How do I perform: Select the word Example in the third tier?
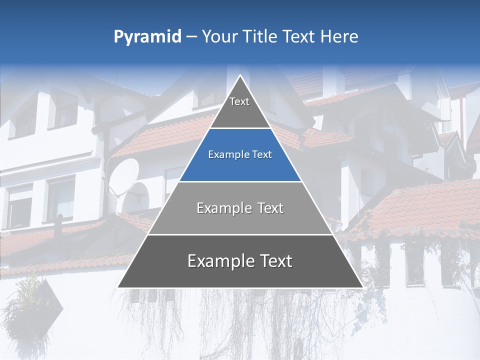219,208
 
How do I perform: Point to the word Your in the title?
219,37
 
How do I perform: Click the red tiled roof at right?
425,205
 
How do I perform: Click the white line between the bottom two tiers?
240,234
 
